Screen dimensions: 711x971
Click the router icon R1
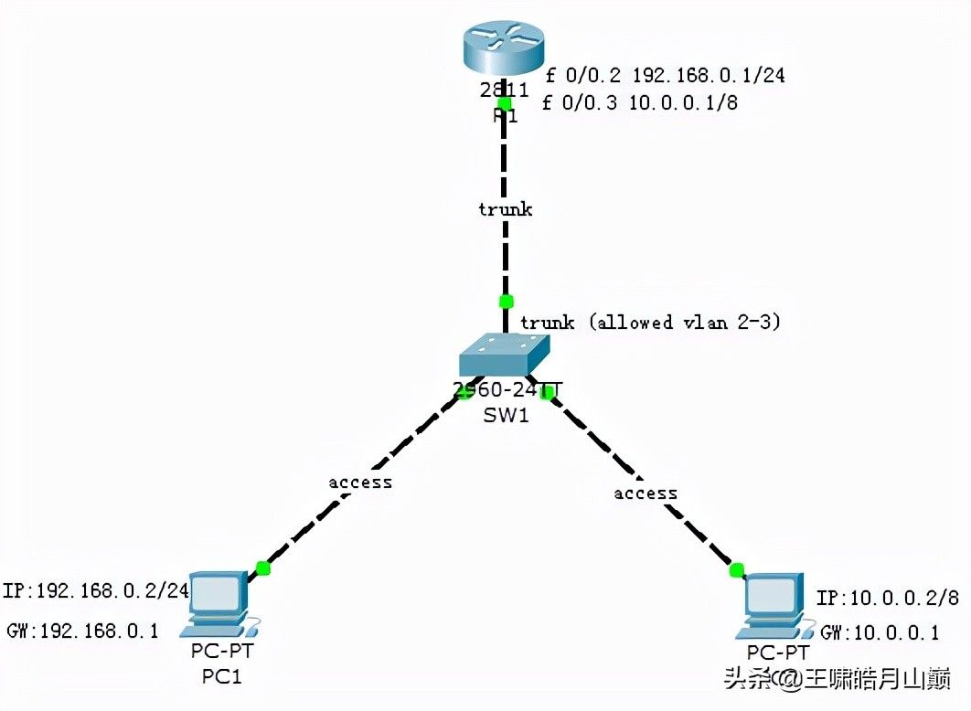click(x=503, y=51)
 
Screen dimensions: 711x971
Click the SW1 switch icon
click(x=504, y=354)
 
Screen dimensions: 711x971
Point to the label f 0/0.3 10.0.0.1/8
click(x=639, y=103)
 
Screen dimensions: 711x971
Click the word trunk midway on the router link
click(x=505, y=209)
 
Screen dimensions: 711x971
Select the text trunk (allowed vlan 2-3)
click(x=650, y=323)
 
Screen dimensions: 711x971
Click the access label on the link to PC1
click(x=360, y=482)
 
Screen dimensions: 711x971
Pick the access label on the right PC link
click(x=646, y=493)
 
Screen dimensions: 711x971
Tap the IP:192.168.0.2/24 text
click(x=96, y=590)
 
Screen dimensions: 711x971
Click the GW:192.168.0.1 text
click(x=82, y=630)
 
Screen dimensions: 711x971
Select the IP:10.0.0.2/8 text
click(x=887, y=599)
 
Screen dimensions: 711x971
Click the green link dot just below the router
click(x=504, y=103)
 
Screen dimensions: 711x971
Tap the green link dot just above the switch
click(x=506, y=301)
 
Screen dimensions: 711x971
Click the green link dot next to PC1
click(x=263, y=568)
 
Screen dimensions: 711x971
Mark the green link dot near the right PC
click(x=737, y=571)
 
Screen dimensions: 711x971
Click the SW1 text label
click(x=506, y=417)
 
